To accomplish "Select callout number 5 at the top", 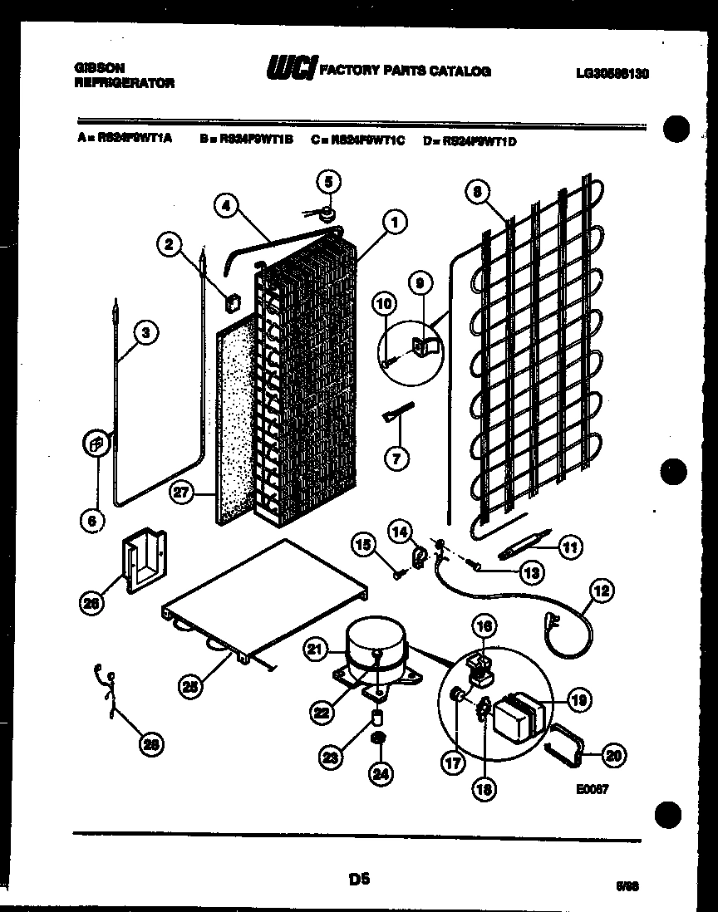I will click(329, 181).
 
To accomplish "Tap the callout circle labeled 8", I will click(477, 192).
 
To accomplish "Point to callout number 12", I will click(602, 591).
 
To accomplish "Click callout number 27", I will click(182, 492).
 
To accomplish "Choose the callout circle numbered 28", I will click(150, 745).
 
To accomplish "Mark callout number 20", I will click(613, 755).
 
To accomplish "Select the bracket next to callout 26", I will click(146, 563).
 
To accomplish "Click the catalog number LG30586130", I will click(612, 73).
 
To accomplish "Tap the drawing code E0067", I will click(595, 790).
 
